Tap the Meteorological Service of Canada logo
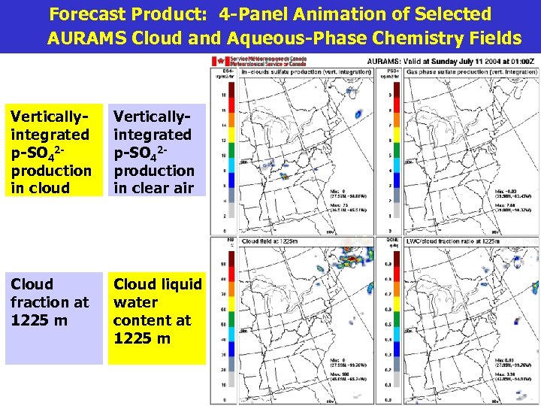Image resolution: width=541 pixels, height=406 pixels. click(247, 61)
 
